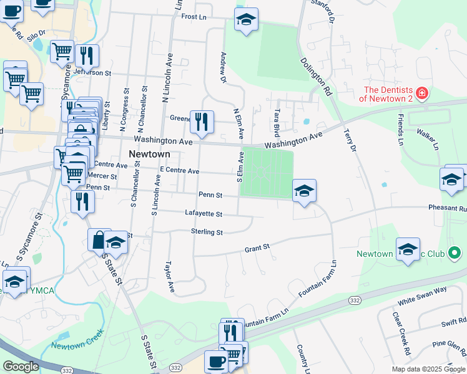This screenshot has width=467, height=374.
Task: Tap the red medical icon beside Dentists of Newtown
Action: (x=422, y=93)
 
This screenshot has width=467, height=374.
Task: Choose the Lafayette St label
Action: (x=204, y=214)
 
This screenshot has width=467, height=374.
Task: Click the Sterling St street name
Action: (x=207, y=232)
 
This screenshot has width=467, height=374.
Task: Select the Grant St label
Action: (x=257, y=248)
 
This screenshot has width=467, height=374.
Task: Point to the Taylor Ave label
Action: (x=169, y=277)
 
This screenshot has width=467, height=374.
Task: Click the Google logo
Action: (x=21, y=367)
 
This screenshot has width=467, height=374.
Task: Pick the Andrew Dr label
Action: (x=222, y=67)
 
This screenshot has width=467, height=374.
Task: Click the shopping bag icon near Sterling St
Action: (x=100, y=239)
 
